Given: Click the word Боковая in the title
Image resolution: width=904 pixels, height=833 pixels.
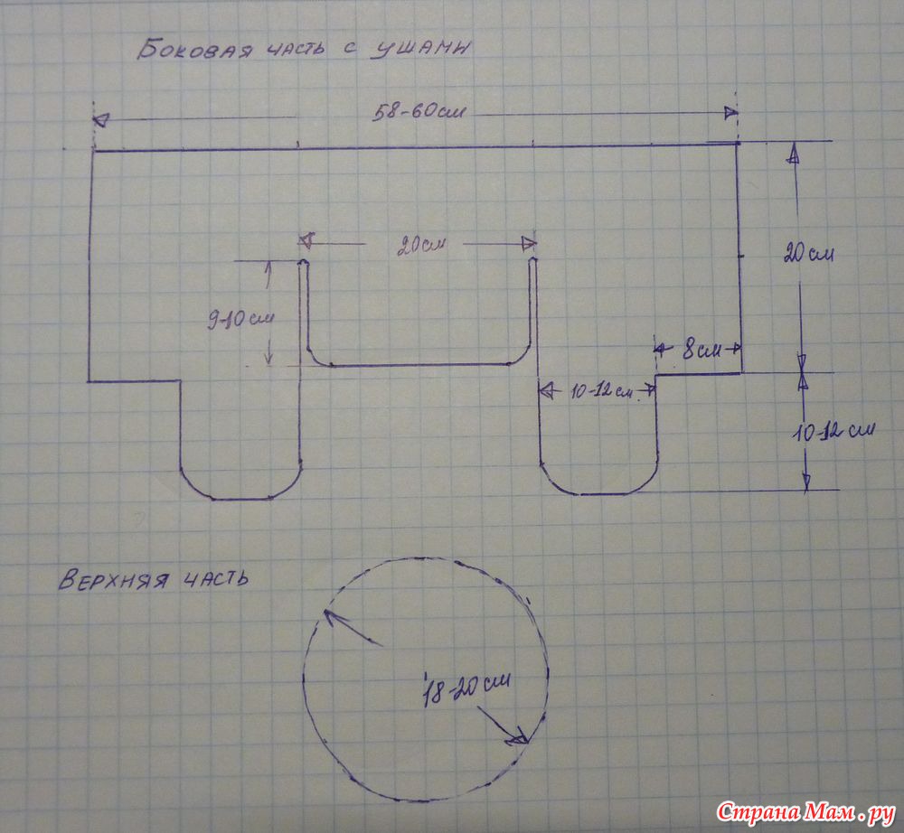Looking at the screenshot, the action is point(195,50).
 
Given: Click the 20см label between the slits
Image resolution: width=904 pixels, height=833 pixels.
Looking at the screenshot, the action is point(421,247).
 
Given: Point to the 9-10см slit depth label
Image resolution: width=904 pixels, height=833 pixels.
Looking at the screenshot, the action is point(240,319).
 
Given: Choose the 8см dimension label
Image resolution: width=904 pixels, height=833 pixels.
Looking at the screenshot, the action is point(702,350).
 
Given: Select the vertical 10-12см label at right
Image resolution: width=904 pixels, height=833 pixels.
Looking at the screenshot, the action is point(833,430).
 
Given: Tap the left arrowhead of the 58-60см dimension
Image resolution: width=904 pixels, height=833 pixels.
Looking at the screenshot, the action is point(100,120).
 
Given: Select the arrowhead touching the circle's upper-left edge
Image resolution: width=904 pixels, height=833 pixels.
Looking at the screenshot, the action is point(333,618).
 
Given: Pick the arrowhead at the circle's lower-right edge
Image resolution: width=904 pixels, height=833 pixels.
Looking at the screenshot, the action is point(518,737).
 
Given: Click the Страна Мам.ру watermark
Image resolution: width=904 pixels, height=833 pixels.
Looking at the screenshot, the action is point(805,812).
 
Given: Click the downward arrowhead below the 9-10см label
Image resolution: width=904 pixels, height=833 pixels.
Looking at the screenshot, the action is point(269,359).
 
